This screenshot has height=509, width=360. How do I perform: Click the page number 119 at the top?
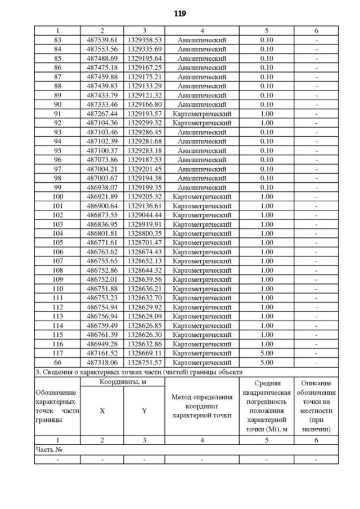tap(180, 13)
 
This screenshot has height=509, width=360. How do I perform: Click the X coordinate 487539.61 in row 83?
tap(102, 40)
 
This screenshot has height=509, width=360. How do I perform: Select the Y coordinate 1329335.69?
tap(144, 49)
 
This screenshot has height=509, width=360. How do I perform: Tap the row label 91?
tap(57, 114)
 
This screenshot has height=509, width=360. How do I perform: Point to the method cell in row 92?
tap(202, 123)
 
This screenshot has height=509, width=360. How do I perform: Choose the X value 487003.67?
tap(102, 178)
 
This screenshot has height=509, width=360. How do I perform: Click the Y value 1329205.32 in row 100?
tap(144, 197)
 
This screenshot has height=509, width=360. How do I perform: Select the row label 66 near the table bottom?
tap(57, 363)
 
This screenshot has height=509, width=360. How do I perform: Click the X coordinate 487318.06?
tap(102, 363)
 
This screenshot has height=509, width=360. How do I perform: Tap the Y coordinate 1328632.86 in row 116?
tap(144, 344)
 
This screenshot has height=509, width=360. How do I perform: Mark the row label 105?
tap(57, 243)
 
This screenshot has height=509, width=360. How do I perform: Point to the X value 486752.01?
tap(102, 280)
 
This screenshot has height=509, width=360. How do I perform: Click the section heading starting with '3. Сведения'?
tap(138, 372)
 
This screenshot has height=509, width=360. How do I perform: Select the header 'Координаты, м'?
tap(122, 382)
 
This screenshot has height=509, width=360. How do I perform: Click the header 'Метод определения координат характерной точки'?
tap(202, 406)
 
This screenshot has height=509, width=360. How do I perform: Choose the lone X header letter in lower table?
tap(102, 411)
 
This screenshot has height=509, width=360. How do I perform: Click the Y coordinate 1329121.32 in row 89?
tap(144, 95)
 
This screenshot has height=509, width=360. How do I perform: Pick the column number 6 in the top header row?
tap(316, 30)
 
